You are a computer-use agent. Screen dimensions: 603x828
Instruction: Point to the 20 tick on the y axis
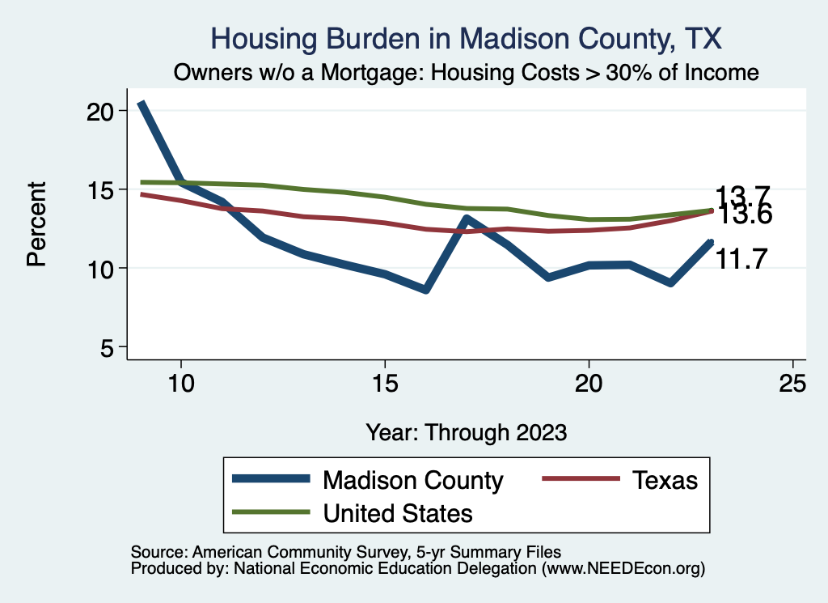point(102,111)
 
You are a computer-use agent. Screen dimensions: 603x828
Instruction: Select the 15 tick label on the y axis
point(102,189)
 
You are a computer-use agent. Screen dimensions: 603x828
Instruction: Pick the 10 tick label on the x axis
point(181,384)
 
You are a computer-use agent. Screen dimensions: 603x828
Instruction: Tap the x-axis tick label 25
point(792,384)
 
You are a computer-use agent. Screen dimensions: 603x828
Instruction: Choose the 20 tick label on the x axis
point(589,384)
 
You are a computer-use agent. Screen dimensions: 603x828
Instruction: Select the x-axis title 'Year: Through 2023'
point(467,431)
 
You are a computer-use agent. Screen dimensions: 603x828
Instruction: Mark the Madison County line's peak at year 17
point(466,218)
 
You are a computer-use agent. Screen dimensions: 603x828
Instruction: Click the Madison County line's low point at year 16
point(425,290)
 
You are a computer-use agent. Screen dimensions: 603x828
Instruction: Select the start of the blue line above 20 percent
point(141,104)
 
